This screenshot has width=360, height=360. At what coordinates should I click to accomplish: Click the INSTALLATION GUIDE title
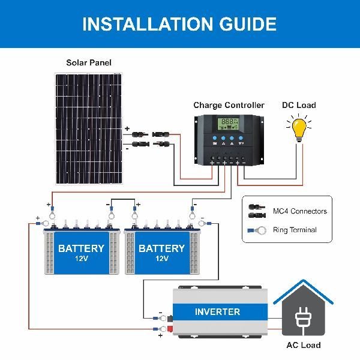pos(179,24)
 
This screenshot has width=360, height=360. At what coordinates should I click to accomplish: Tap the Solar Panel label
pos(89,62)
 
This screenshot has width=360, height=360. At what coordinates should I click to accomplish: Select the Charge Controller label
pos(229,105)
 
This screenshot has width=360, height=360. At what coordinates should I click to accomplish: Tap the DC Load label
pos(299,105)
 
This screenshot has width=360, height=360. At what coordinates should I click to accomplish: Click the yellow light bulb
pos(299,130)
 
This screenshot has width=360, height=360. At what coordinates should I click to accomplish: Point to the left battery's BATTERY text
pos(81,248)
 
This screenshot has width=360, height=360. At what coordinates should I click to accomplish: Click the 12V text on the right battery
pos(161,259)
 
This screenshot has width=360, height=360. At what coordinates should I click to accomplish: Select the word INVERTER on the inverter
pos(217,312)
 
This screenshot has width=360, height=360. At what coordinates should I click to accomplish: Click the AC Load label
pos(303,345)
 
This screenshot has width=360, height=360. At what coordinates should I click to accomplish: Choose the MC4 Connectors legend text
pos(300,211)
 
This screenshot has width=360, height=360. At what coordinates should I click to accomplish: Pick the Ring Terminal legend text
pos(295,230)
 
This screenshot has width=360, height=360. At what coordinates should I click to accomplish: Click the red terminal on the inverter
pos(170,328)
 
